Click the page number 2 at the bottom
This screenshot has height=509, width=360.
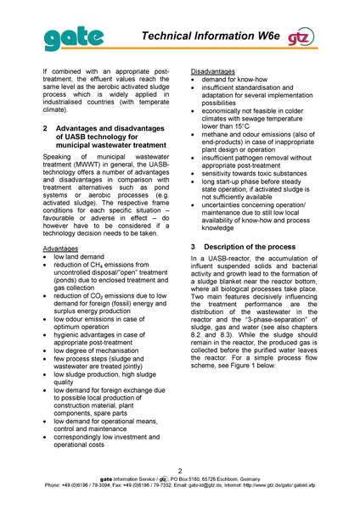(x=180, y=469)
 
